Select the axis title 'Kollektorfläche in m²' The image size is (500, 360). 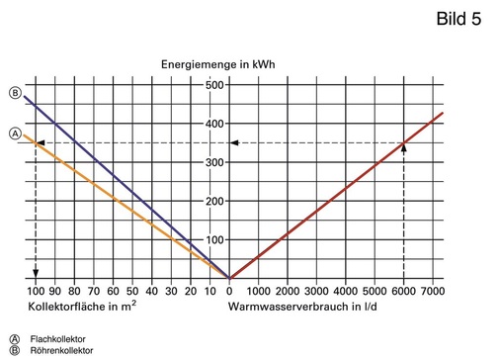[82, 308]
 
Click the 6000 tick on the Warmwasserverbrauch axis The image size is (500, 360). [403, 292]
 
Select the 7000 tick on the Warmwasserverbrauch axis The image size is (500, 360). [432, 292]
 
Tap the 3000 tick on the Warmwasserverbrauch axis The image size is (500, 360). [316, 292]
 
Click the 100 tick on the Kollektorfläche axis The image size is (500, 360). [37, 292]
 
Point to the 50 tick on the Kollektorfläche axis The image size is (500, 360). [132, 292]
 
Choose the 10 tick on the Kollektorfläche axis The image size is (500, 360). [209, 292]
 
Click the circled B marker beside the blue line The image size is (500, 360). [15, 93]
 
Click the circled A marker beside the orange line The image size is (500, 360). [15, 133]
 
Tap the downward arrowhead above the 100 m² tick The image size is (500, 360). [37, 273]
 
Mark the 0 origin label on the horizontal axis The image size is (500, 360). [229, 292]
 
